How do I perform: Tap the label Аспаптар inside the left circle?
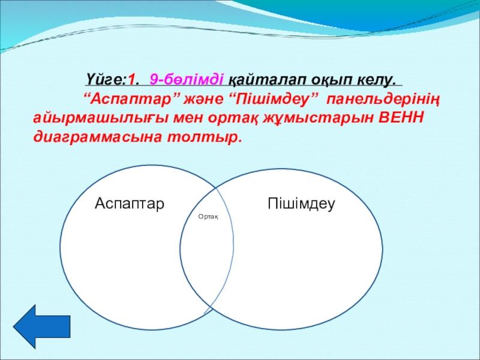(130, 203)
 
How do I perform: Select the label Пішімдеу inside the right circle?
(302, 204)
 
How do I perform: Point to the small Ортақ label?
(208, 217)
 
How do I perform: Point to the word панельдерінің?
(383, 100)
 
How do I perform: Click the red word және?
(203, 100)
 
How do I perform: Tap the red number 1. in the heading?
(134, 80)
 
